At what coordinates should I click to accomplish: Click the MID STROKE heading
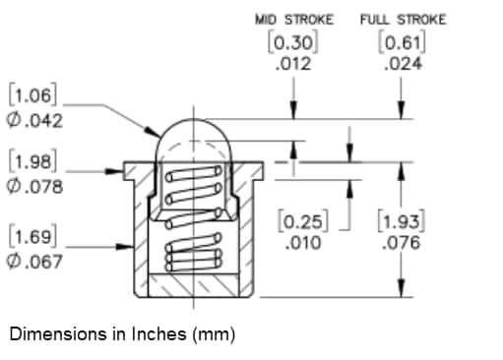point(293,20)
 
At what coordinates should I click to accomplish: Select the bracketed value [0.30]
point(292,43)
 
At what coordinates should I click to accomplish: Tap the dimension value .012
point(293,64)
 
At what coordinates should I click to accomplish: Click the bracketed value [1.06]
point(33,96)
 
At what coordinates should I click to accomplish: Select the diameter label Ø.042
point(35,121)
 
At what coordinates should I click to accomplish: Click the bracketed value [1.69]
point(33,236)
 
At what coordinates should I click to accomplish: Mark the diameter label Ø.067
point(35,262)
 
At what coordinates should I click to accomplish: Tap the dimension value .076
point(400,241)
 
